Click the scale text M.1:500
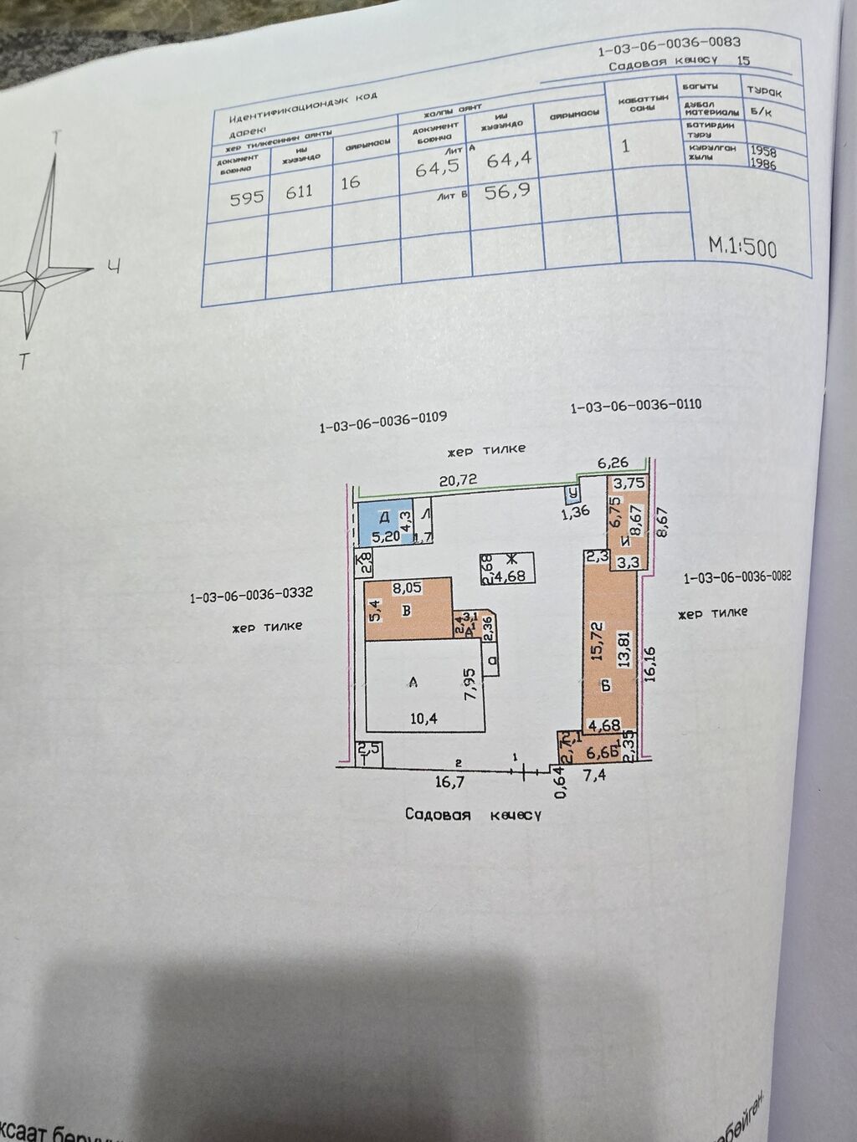pyautogui.click(x=742, y=247)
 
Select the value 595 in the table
pyautogui.click(x=247, y=197)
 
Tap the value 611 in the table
pyautogui.click(x=299, y=191)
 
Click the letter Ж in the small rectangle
pyautogui.click(x=511, y=560)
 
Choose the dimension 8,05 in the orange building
pyautogui.click(x=408, y=588)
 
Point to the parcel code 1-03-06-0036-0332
pyautogui.click(x=251, y=597)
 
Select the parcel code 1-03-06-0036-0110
pyautogui.click(x=635, y=406)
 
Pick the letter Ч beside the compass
pyautogui.click(x=115, y=267)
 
